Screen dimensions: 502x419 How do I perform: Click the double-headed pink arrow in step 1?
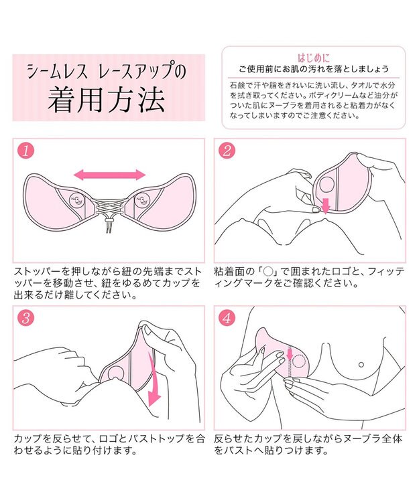point(109,175)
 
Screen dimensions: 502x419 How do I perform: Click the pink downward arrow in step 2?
point(325,204)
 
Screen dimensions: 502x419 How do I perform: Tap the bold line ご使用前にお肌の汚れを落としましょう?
point(313,70)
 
